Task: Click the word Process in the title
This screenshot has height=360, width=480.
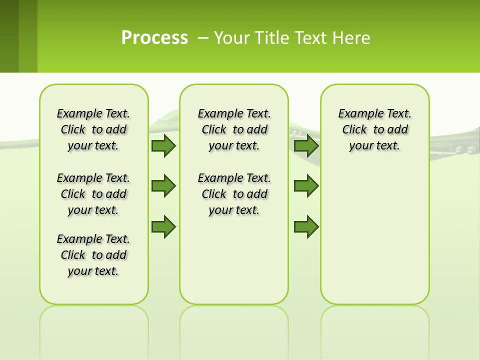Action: click(x=154, y=37)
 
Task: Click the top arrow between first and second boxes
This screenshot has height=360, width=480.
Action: click(x=163, y=146)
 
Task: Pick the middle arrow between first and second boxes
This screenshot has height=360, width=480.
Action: click(x=163, y=186)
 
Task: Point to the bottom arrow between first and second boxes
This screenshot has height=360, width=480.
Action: click(x=163, y=226)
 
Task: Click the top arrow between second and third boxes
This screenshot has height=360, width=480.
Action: click(x=306, y=146)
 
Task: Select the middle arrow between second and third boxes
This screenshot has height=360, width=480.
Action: click(x=306, y=186)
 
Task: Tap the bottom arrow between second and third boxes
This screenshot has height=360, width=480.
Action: click(x=306, y=226)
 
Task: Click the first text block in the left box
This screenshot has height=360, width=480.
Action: click(x=93, y=129)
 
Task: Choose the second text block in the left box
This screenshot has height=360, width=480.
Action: click(x=93, y=194)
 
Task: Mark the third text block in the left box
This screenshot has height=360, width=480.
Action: click(x=93, y=255)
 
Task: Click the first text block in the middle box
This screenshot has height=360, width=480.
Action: click(x=234, y=129)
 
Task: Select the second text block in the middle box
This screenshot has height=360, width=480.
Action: click(x=234, y=194)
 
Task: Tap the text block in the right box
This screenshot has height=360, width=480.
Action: click(x=375, y=129)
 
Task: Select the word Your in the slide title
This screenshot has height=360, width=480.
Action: click(x=232, y=37)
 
